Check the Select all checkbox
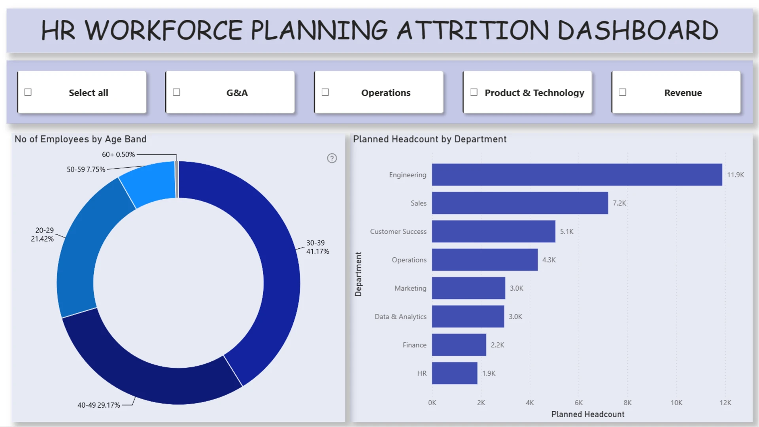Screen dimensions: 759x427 point(28,92)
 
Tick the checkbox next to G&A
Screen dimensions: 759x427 point(177,92)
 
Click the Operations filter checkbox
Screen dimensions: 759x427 point(325,92)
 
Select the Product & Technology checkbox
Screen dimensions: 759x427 point(474,92)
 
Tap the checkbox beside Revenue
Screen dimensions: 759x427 point(623,92)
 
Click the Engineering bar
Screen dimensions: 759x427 point(577,175)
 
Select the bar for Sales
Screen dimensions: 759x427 point(520,203)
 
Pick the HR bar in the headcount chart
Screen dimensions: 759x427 point(455,373)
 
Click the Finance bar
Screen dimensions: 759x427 point(459,345)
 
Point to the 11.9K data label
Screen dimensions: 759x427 point(736,175)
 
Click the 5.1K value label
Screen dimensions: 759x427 point(566,232)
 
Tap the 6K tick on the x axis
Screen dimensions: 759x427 point(579,403)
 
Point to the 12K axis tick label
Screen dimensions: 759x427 point(725,403)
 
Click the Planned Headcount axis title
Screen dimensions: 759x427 point(588,414)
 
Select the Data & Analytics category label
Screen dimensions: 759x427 point(400,317)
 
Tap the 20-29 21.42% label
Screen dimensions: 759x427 point(42,234)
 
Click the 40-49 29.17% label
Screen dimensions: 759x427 point(98,405)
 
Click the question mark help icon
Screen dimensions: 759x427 point(332,158)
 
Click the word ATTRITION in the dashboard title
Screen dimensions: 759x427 point(473,30)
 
